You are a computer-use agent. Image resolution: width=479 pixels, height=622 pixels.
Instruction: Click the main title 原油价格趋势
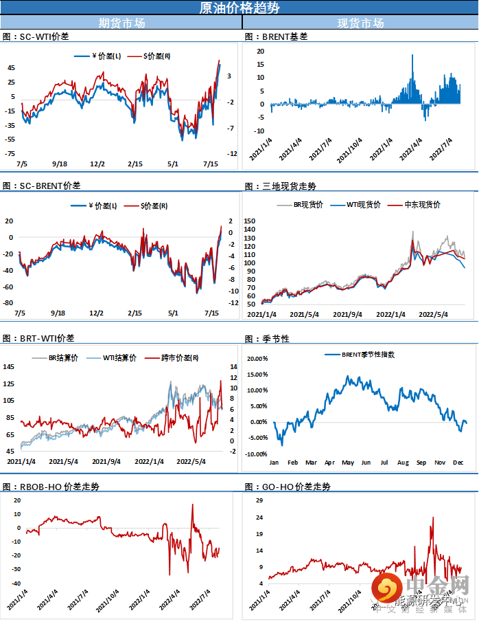pos(239,8)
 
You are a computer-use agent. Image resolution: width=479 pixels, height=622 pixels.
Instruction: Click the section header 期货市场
pos(121,23)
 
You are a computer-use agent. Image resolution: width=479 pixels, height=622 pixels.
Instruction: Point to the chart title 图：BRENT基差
pos(276,36)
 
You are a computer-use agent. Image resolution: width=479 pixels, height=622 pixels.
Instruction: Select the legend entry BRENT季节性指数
pos(369,355)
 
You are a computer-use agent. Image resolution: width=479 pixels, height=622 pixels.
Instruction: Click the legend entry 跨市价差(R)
pos(180,357)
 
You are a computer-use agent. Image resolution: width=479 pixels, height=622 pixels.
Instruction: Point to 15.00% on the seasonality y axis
pos(256,375)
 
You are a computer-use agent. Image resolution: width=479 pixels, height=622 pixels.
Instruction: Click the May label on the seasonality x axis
pos(348,463)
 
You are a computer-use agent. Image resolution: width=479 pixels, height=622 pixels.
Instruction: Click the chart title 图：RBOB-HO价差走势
pos(51,487)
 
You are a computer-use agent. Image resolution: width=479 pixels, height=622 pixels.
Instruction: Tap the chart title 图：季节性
pos(267,339)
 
